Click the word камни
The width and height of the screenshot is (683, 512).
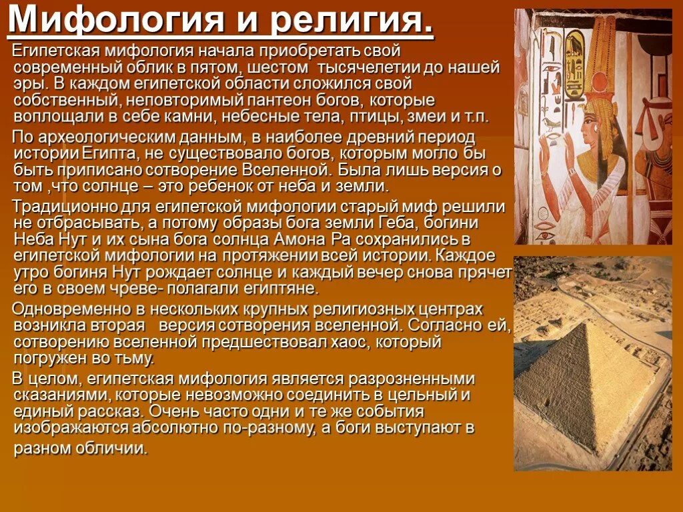(x=178, y=116)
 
